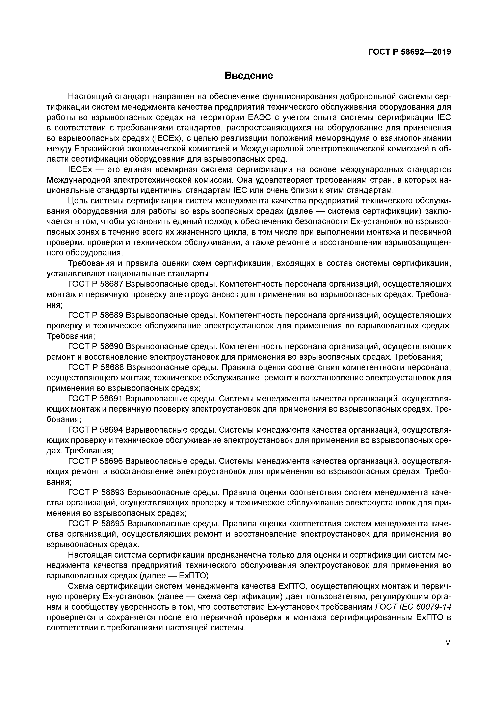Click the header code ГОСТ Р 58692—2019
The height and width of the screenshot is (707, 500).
pos(410,52)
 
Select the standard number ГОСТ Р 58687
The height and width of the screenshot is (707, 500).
pos(96,284)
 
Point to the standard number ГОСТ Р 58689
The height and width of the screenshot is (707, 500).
pos(96,315)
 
